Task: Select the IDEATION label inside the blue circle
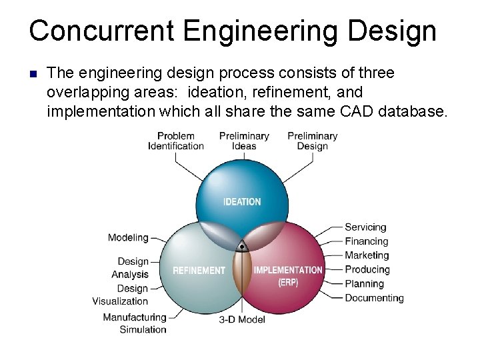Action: [242, 201]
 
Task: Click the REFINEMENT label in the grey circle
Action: [199, 271]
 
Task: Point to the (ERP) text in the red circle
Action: [288, 282]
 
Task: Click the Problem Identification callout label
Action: [176, 141]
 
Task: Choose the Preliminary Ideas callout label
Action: [244, 141]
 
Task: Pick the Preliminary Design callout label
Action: [312, 141]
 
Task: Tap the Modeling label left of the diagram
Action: [128, 238]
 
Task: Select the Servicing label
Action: [365, 227]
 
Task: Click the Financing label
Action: [366, 241]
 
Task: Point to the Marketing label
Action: [367, 255]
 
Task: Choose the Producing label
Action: [367, 269]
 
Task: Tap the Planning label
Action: [364, 283]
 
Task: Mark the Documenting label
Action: [374, 298]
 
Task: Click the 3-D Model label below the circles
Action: [242, 319]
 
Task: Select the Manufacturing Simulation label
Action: [135, 323]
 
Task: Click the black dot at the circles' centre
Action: [242, 247]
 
